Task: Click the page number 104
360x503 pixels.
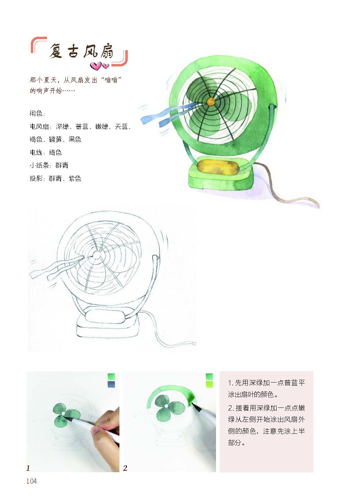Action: (31, 481)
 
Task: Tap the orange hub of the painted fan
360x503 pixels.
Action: (210, 102)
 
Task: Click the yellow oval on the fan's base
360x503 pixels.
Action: (217, 167)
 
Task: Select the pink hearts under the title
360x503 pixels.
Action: (99, 66)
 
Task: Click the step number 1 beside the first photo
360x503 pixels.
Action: (28, 468)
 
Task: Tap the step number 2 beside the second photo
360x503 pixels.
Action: (125, 468)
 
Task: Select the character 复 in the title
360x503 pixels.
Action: (56, 51)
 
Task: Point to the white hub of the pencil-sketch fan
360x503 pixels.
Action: (97, 255)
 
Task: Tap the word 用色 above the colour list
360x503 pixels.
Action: (36, 114)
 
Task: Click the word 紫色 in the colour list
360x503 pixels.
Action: (75, 178)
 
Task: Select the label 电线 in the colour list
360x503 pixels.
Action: (36, 152)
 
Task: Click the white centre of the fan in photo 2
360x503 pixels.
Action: (166, 406)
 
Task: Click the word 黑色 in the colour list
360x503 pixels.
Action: (75, 139)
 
